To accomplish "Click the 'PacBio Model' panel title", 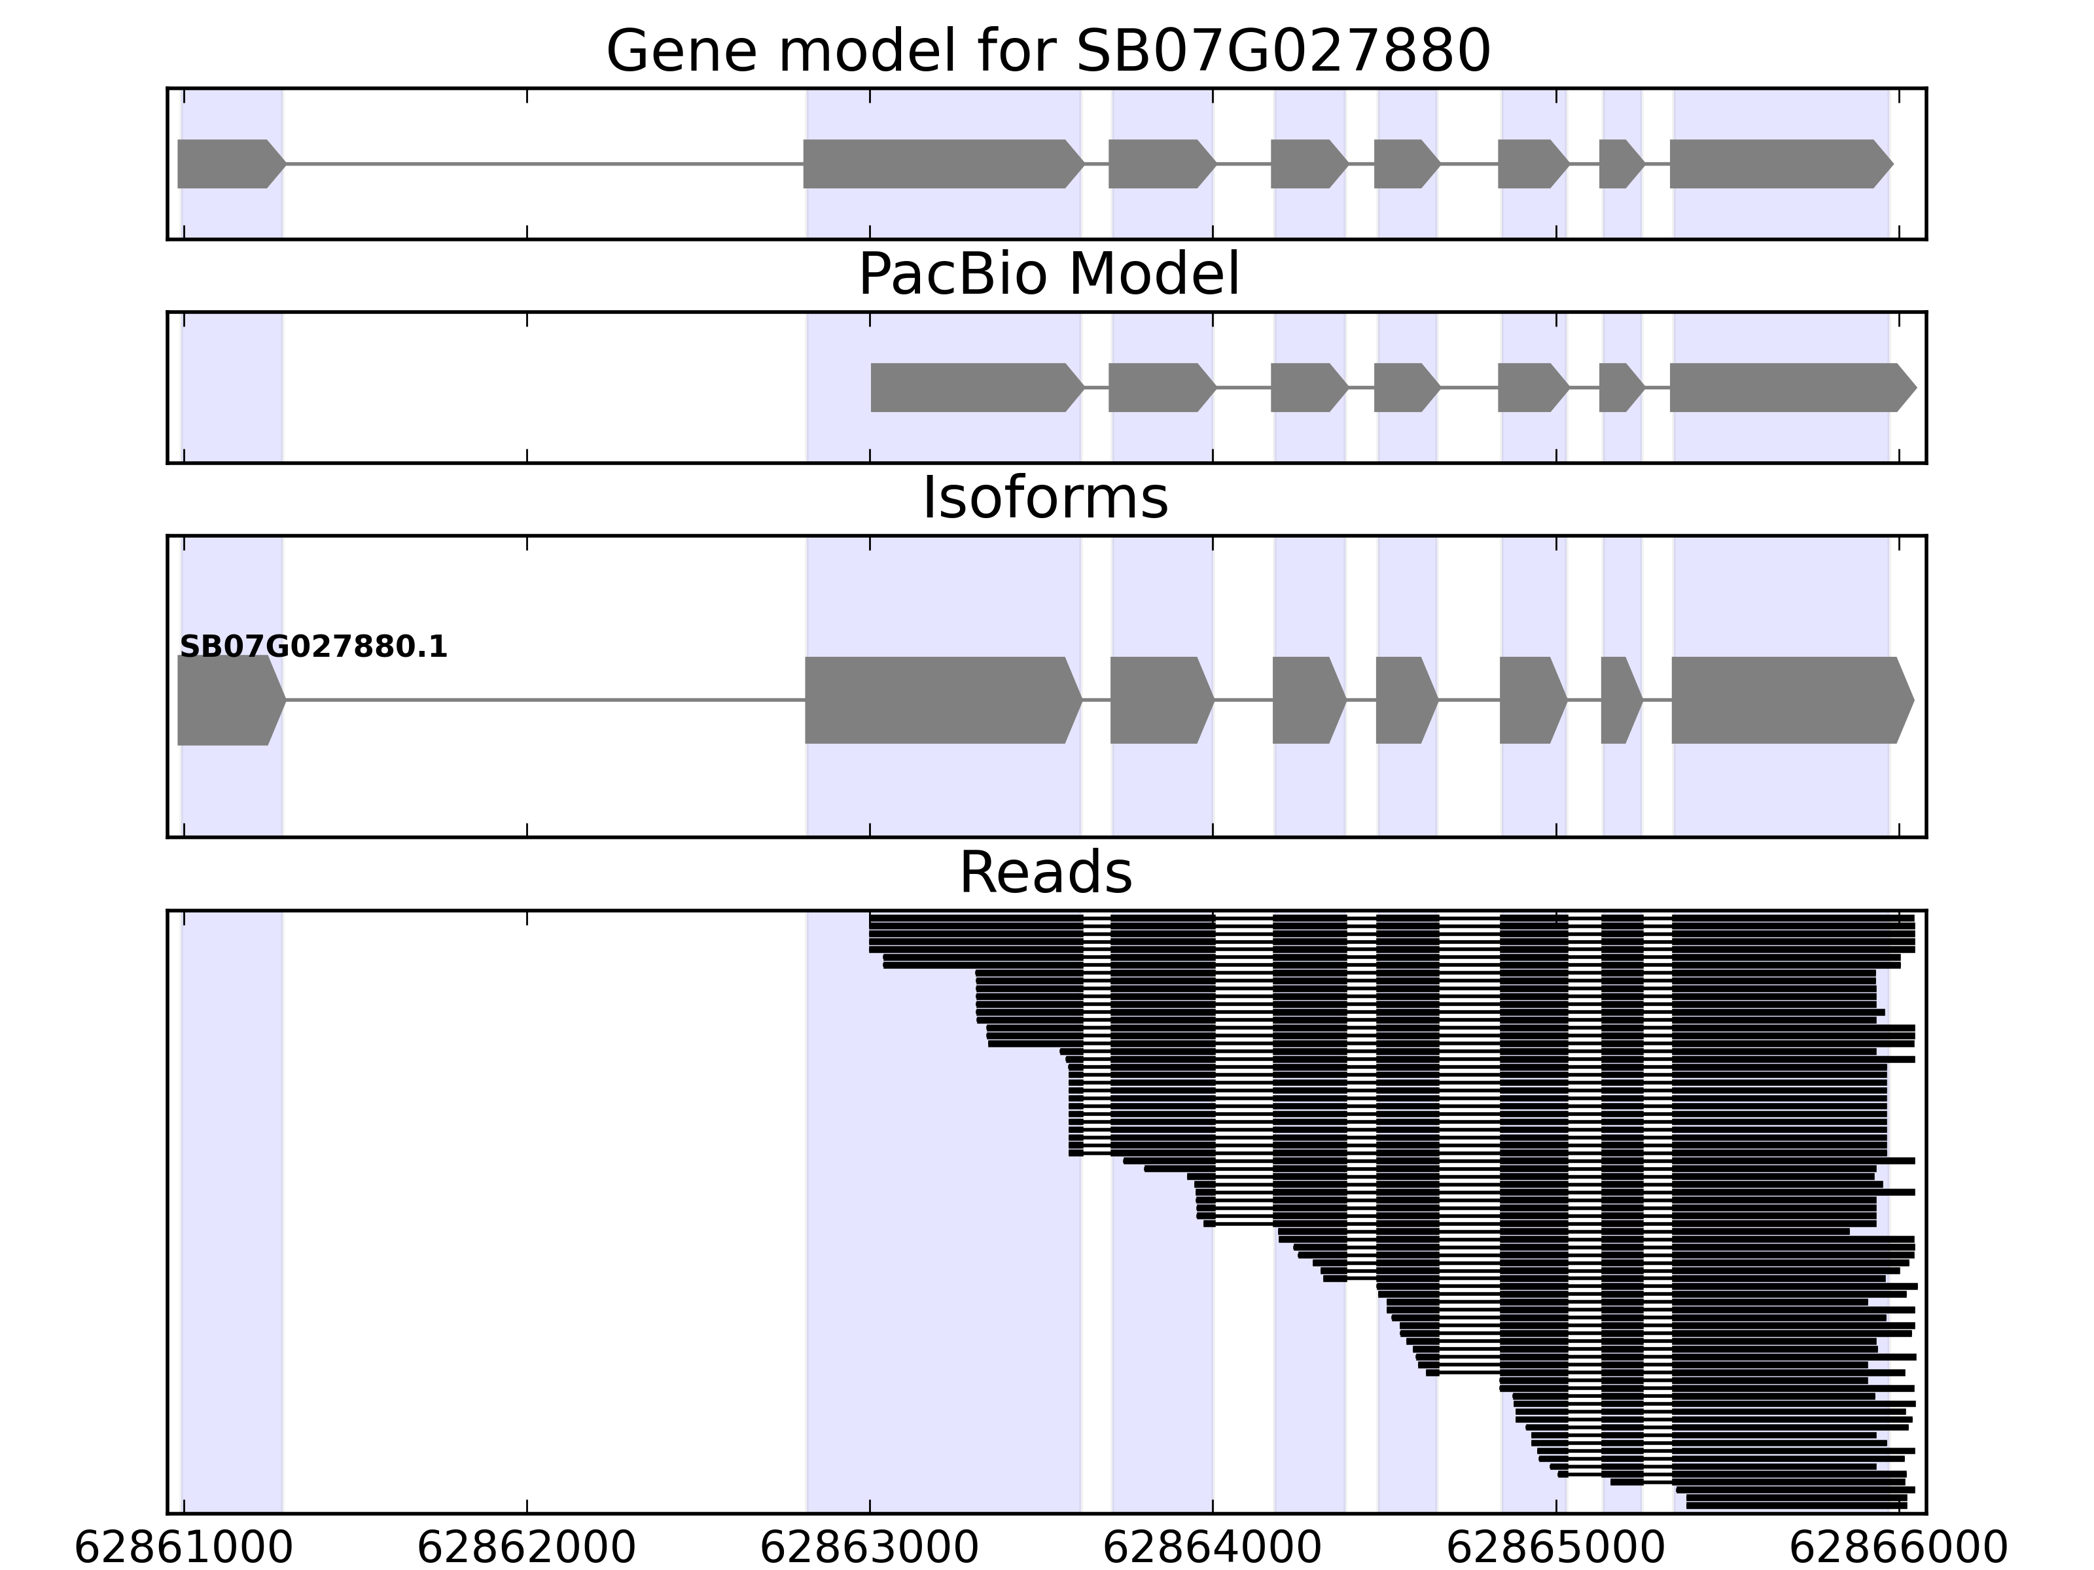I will tap(1048, 275).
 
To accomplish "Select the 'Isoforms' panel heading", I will tap(1045, 498).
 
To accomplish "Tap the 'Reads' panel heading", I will tap(1045, 873).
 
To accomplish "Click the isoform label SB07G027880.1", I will tap(313, 648).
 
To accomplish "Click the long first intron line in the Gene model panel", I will tap(544, 164).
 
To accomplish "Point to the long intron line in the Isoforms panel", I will tap(544, 701).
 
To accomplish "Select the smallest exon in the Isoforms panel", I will tap(1620, 701).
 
